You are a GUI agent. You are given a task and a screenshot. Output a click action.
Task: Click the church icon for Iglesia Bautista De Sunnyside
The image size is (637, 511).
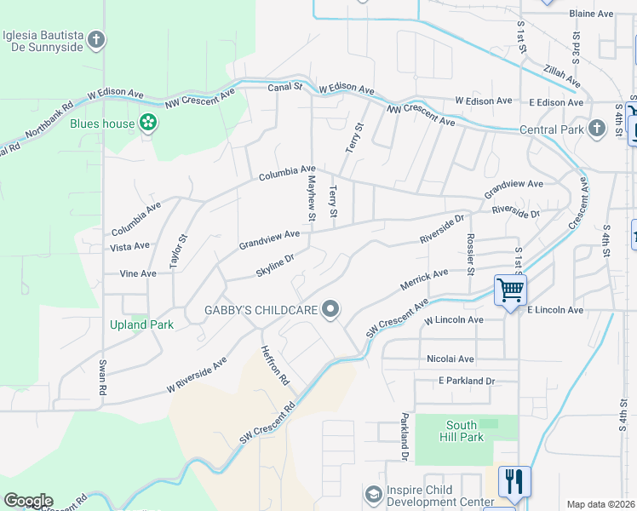(x=96, y=40)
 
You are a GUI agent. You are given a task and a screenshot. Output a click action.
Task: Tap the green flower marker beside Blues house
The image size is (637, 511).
(x=149, y=123)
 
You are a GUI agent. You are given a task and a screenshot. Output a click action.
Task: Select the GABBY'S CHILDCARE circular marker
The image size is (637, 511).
(x=330, y=310)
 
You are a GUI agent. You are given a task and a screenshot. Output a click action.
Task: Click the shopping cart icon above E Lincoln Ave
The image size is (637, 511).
(x=510, y=291)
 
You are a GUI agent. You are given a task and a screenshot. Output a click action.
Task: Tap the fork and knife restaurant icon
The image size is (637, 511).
(x=514, y=481)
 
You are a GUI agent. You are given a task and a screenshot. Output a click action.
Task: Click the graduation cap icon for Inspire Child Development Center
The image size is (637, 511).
(x=373, y=494)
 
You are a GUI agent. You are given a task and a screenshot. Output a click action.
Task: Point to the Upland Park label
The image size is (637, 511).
(x=141, y=324)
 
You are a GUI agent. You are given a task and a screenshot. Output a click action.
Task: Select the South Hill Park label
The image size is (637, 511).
(x=465, y=431)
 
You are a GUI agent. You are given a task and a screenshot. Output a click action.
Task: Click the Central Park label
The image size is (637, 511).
(x=552, y=130)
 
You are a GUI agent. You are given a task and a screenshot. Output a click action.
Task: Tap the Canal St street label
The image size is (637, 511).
(x=284, y=87)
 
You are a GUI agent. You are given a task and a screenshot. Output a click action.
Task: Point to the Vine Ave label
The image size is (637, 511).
(x=138, y=274)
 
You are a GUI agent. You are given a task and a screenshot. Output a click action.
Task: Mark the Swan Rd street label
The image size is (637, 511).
(x=101, y=374)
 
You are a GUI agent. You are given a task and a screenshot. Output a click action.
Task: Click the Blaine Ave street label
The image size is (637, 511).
(x=591, y=14)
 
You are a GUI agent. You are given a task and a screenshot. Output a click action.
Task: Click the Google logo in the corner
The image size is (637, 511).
(x=28, y=501)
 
